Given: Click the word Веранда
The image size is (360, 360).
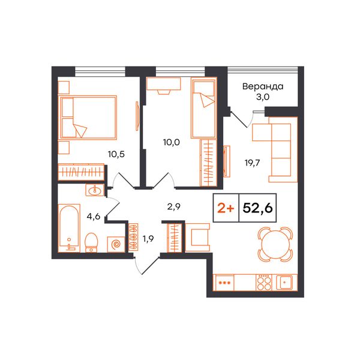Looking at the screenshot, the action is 263,86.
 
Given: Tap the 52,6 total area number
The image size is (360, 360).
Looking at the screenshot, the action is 257,208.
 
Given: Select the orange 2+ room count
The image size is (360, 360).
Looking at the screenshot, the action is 226,208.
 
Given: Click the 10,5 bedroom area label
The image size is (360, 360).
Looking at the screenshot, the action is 116,154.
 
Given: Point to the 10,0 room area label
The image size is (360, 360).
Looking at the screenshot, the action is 171,142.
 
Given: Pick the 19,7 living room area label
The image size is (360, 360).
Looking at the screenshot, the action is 252,163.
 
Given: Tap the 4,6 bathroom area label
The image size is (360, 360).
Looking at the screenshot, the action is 94,216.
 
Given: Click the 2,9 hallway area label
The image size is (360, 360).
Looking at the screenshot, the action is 173,206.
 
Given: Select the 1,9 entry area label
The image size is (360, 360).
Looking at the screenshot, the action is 148,239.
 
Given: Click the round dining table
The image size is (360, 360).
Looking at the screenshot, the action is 275,244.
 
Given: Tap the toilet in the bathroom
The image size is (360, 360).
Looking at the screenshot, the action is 91,242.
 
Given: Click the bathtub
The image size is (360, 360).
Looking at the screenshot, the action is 69,228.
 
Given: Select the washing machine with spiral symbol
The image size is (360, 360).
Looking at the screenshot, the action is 116,244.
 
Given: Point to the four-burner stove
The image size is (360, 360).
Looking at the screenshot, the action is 264,282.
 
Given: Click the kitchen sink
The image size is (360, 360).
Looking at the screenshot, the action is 284,282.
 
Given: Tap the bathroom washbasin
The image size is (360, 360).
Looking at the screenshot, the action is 95,190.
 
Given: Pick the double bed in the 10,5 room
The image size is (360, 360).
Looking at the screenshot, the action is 88,118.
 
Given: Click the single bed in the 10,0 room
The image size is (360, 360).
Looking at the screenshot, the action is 204,108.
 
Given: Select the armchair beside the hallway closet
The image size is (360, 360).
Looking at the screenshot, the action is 197,237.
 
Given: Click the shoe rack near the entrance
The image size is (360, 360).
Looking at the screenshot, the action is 133,236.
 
